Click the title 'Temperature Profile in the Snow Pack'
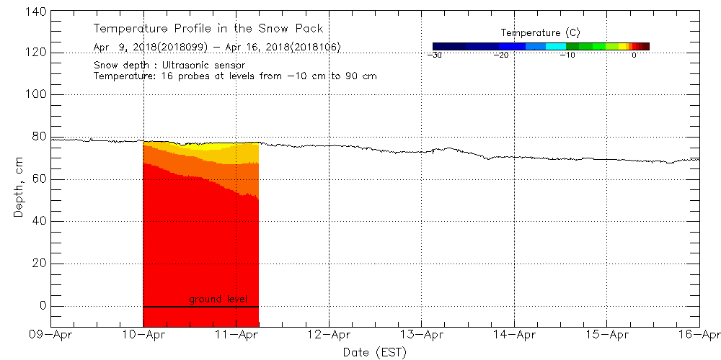(x=208, y=29)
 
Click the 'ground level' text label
(x=218, y=298)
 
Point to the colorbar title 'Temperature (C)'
(x=540, y=33)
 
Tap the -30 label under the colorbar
(x=434, y=55)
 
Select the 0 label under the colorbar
(x=634, y=55)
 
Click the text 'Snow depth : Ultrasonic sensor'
(x=169, y=65)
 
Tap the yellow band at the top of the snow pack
(x=216, y=153)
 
